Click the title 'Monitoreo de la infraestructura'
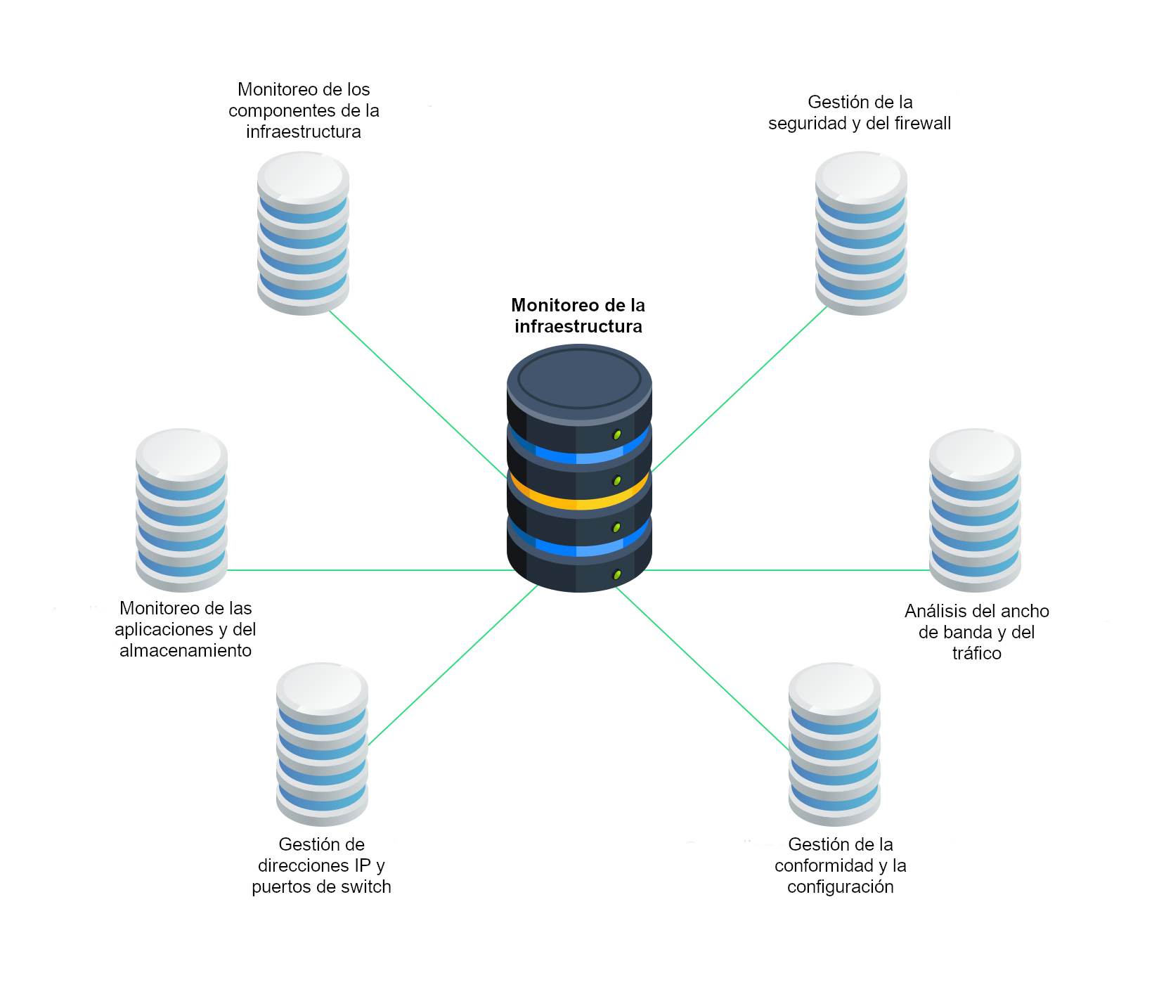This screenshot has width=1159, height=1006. tap(578, 316)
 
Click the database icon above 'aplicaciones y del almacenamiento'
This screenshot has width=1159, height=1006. tap(181, 510)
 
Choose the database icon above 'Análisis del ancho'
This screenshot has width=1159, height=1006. tap(975, 510)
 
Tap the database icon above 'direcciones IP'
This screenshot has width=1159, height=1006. tap(322, 744)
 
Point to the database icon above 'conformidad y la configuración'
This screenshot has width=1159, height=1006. tap(834, 744)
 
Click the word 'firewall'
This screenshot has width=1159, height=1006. tap(923, 124)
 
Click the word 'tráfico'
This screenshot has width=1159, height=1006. tap(976, 654)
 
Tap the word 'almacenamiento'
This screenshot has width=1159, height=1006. tap(186, 651)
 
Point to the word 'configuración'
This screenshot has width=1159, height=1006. tap(840, 887)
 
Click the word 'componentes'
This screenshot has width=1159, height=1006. tap(275, 111)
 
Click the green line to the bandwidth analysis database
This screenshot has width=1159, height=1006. tap(787, 570)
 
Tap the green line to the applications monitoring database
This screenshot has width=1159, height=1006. tap(365, 570)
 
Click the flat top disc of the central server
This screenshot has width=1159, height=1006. tap(579, 378)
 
